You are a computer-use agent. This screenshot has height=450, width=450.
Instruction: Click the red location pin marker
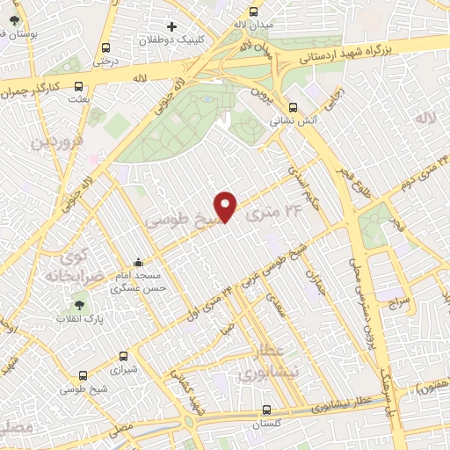tap(227, 206)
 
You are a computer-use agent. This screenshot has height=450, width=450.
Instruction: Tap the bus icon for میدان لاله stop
tap(254, 12)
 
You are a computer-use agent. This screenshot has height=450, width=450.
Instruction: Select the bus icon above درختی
tap(106, 48)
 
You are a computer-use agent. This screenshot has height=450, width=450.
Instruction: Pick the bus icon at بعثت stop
tap(79, 87)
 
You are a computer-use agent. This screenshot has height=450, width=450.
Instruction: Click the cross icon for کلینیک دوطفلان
tap(172, 26)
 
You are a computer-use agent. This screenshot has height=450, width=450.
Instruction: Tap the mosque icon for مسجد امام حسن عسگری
tap(138, 262)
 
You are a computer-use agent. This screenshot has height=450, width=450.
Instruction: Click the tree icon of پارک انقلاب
tap(81, 307)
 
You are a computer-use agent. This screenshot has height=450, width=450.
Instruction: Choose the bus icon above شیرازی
tap(122, 357)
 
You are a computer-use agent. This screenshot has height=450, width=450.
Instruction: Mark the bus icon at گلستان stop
tap(267, 410)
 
